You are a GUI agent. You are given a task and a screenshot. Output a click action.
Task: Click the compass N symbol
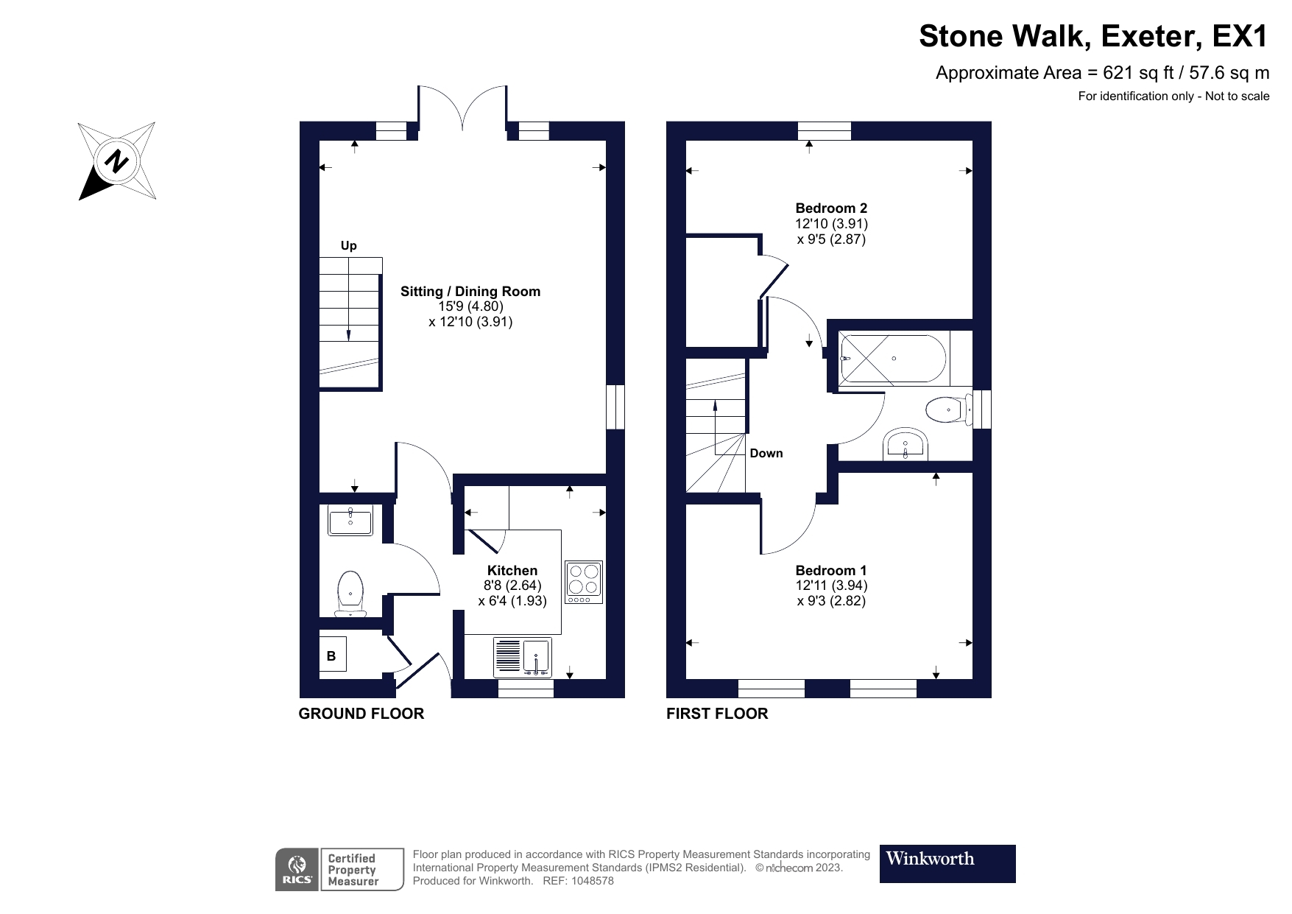(116, 161)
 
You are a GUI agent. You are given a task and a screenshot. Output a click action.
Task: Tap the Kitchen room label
(512, 570)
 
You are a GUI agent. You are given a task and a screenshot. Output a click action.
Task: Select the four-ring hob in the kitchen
(584, 583)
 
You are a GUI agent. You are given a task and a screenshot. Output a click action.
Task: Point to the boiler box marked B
(331, 655)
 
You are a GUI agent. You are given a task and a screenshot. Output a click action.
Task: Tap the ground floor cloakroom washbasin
(350, 520)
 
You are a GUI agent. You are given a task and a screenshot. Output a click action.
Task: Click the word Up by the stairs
(348, 245)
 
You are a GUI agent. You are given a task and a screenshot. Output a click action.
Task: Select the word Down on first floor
(766, 453)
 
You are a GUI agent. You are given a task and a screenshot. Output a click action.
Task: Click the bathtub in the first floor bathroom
(894, 359)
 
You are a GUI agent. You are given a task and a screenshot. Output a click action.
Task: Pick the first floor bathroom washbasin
(905, 444)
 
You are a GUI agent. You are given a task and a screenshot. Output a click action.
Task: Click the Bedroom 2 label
(831, 208)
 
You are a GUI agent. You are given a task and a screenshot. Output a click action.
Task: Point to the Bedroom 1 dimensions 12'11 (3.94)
(831, 586)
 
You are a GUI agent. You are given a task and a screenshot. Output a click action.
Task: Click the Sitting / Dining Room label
(470, 291)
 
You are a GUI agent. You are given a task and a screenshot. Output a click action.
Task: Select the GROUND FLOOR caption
(361, 713)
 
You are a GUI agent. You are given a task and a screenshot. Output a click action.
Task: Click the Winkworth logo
(947, 863)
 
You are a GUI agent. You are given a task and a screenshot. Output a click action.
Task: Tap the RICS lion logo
(297, 869)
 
